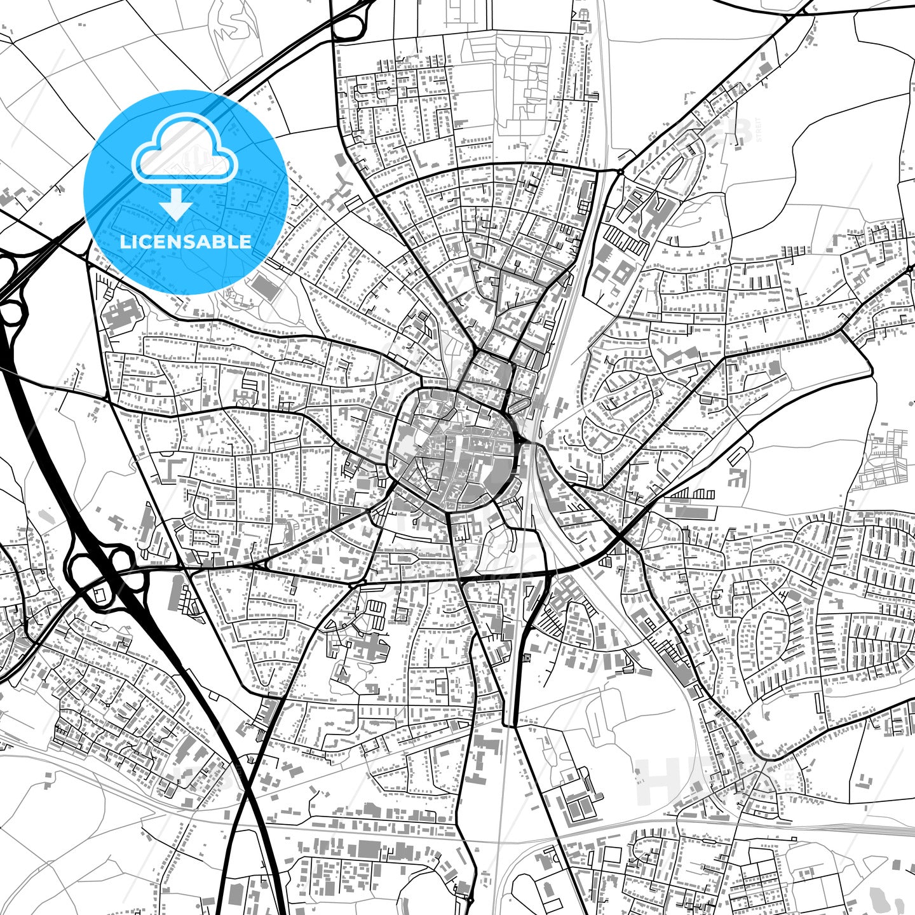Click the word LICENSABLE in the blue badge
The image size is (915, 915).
pos(186,242)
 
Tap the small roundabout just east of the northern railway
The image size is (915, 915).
pos(620,172)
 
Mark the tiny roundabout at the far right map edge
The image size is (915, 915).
pos(910,269)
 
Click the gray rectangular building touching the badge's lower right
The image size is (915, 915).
pos(266,287)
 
